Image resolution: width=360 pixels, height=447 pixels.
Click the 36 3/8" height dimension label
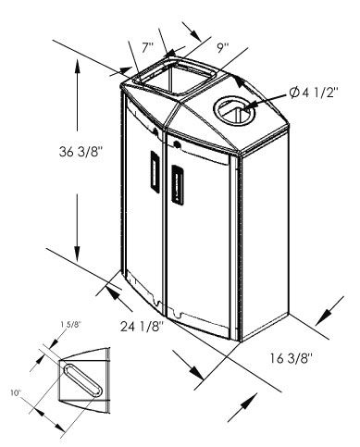(x=81, y=152)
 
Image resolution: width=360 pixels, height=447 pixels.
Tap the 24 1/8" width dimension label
(x=142, y=327)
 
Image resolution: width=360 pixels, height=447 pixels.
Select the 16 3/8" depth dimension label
(x=292, y=358)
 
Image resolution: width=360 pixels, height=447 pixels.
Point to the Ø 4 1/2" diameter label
(x=314, y=93)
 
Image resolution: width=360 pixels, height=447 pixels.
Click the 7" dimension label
(x=148, y=48)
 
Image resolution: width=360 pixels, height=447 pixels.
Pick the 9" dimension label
(x=222, y=48)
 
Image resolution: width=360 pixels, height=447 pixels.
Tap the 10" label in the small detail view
(x=15, y=393)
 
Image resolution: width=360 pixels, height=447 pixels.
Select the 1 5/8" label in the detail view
(x=70, y=324)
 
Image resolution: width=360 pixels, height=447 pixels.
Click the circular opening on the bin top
(x=234, y=111)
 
